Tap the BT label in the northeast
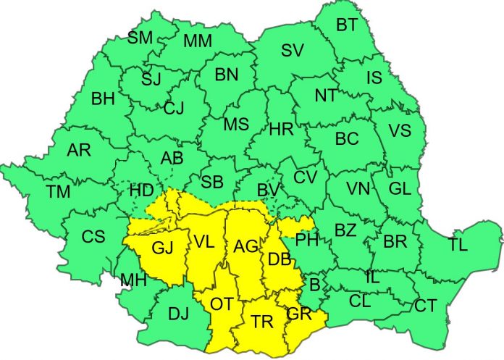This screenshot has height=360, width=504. tap(346, 25)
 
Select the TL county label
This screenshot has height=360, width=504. tap(458, 244)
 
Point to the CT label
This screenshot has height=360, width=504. tap(426, 306)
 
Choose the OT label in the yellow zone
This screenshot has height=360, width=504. tap(222, 304)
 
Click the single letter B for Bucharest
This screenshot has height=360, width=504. tap(314, 282)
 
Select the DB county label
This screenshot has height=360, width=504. tap(280, 259)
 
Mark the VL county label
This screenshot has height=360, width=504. tap(203, 243)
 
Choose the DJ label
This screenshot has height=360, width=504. tap(180, 313)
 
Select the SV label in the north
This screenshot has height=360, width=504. tap(292, 51)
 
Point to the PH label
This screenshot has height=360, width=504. tap(307, 238)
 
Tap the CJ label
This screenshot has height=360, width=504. tap(174, 109)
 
